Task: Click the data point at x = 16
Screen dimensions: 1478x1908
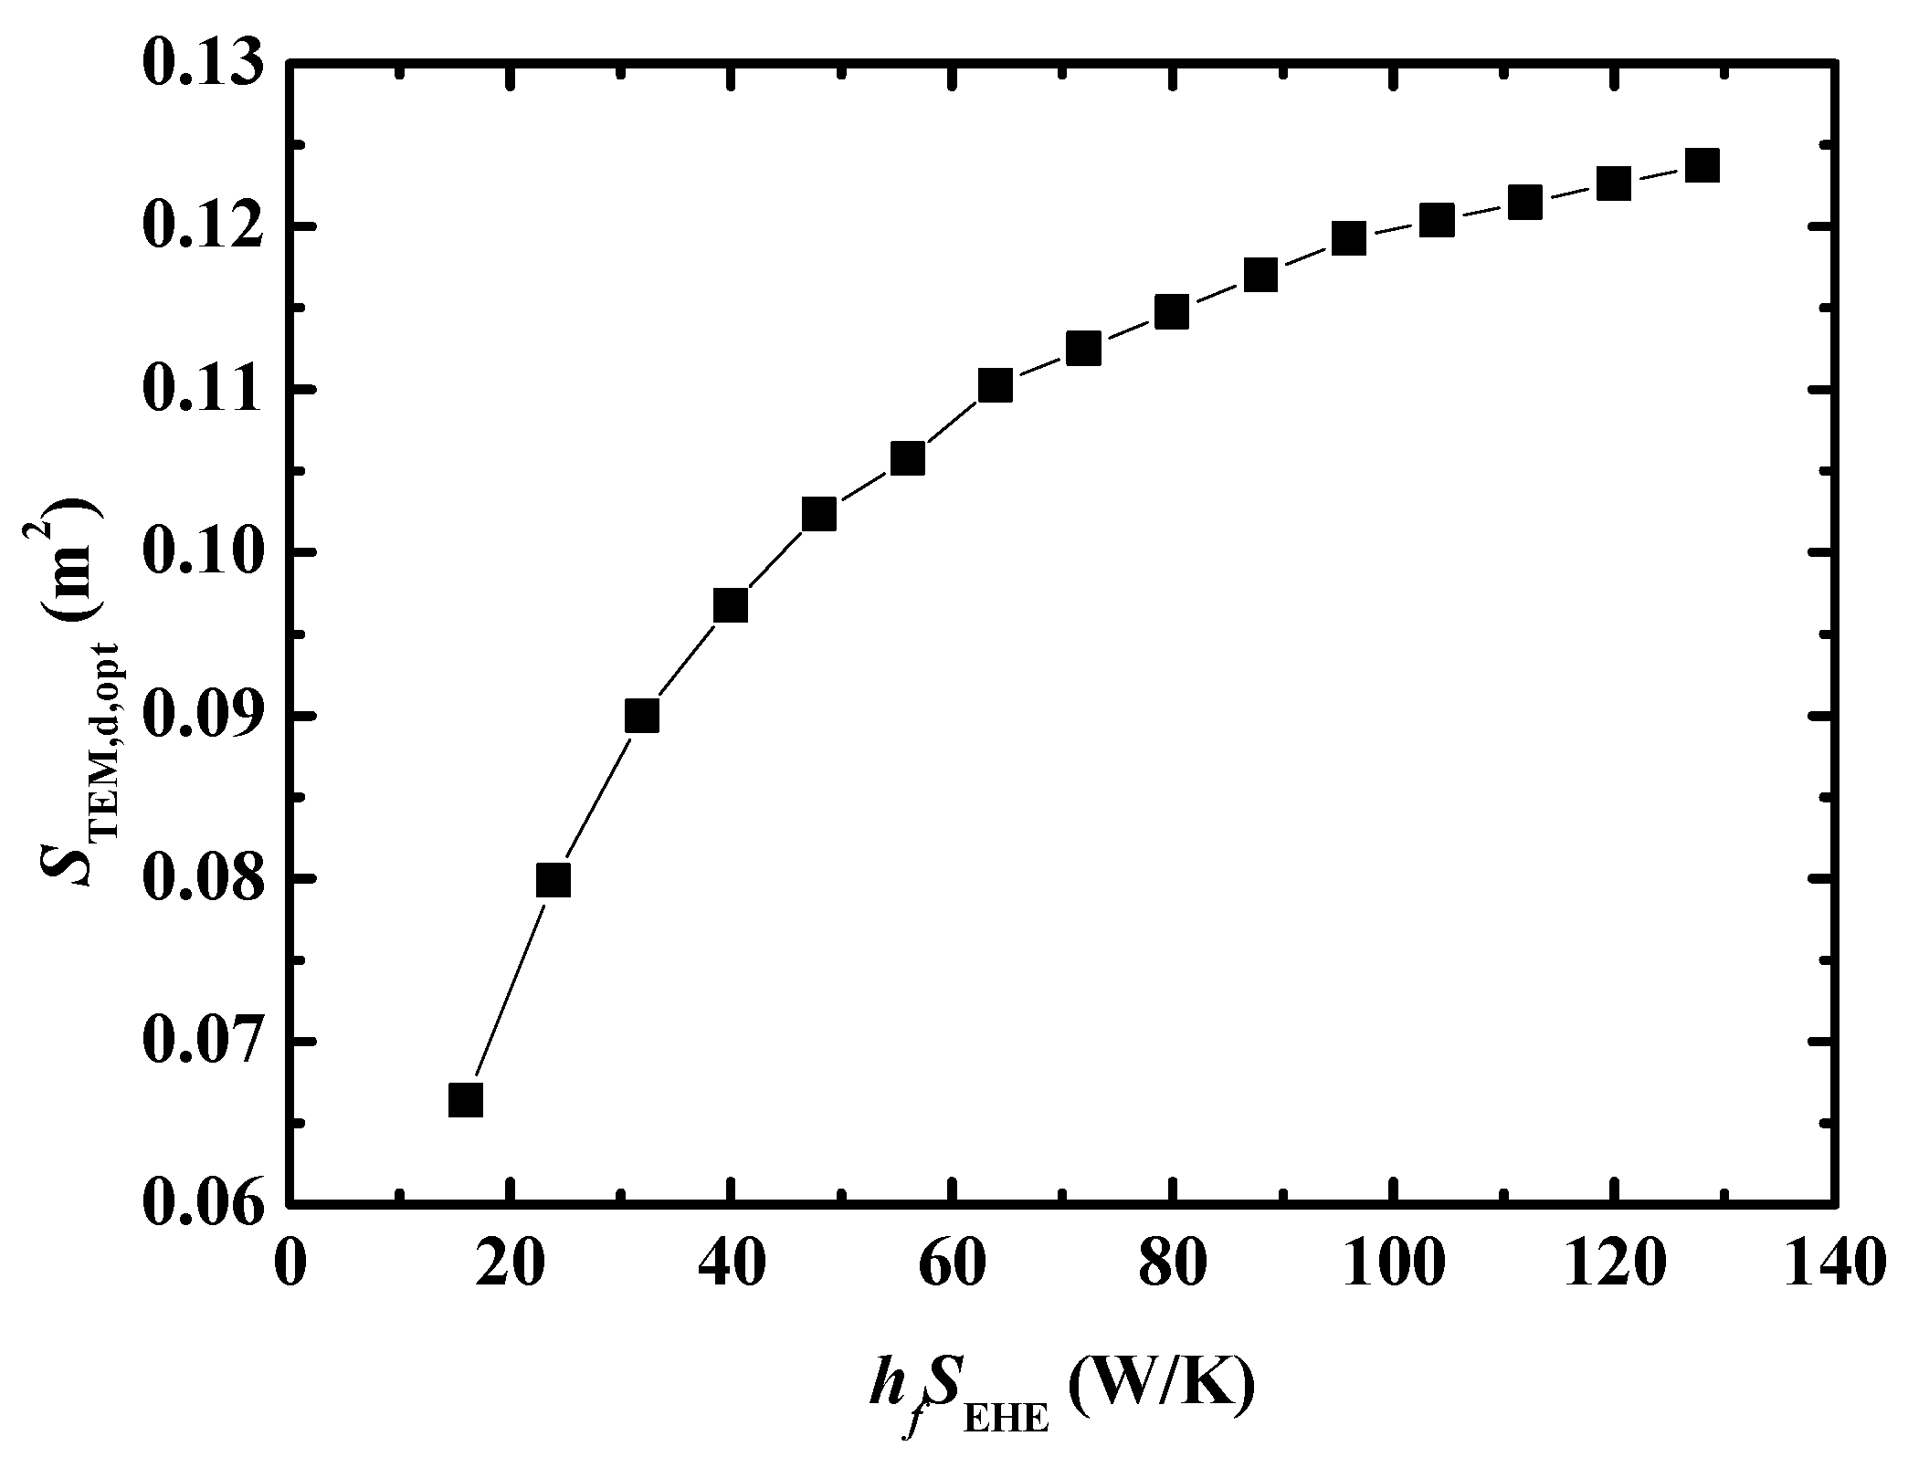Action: (465, 1100)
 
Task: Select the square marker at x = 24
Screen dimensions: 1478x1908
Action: (553, 880)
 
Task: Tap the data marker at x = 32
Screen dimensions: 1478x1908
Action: (642, 717)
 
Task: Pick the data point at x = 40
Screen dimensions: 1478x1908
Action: (731, 605)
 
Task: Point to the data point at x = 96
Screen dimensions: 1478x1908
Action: (1349, 238)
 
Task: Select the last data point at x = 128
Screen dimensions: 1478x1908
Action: (1702, 166)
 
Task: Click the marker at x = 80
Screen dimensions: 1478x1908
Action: (1172, 312)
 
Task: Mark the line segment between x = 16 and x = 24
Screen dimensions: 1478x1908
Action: (510, 990)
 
